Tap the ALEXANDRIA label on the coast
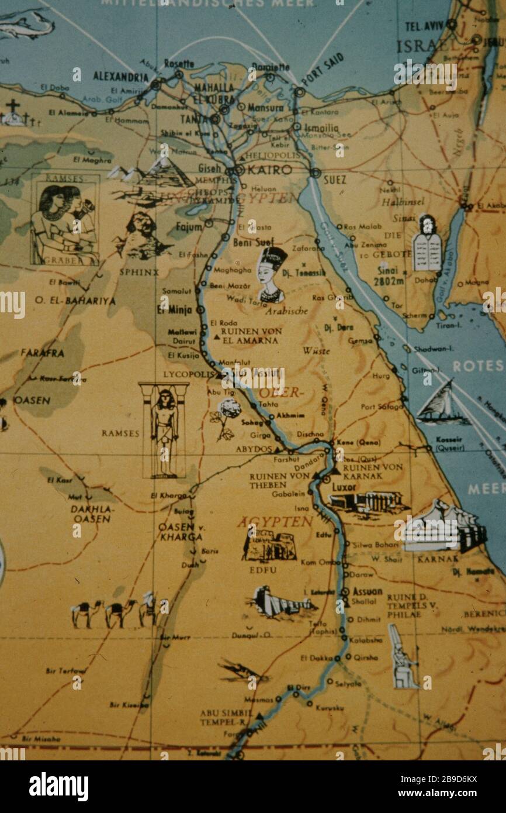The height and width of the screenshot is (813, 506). (x=120, y=77)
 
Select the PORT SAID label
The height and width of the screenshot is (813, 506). (x=323, y=69)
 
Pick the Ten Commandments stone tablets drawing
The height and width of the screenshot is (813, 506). (x=428, y=244)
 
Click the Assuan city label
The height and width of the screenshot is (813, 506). (x=367, y=591)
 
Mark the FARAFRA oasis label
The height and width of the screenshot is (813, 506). (x=42, y=353)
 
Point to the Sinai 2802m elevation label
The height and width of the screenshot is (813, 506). (x=391, y=275)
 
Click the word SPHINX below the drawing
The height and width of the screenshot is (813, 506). (x=138, y=272)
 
